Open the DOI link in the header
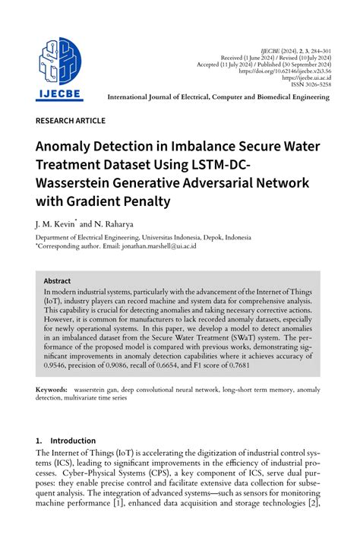click(x=286, y=70)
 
